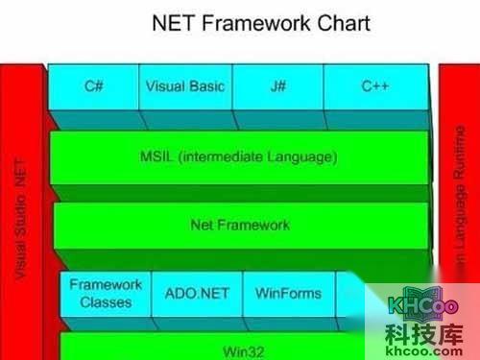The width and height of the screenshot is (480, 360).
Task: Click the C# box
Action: point(94,86)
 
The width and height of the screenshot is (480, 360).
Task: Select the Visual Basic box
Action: point(185,86)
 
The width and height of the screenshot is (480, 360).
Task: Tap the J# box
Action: point(277,86)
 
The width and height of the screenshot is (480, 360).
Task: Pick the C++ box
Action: point(374,86)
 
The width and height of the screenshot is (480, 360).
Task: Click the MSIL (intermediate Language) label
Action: point(239,156)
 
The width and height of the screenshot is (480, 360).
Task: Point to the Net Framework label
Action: point(240,226)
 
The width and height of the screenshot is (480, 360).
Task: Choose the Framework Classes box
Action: point(107,293)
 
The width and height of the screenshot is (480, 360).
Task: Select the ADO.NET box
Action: point(197,293)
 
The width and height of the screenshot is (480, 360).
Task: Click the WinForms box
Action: point(288,293)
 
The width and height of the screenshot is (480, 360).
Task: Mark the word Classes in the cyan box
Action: point(107,301)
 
